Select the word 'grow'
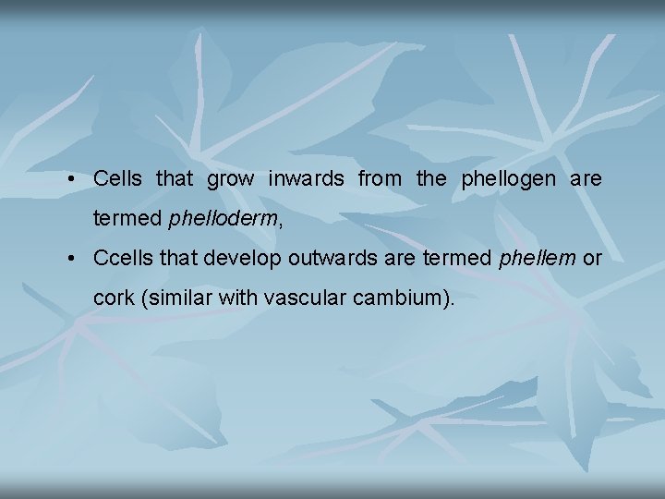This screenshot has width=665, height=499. click(x=230, y=179)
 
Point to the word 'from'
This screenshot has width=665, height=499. click(x=380, y=178)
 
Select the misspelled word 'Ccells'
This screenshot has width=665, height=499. click(x=123, y=258)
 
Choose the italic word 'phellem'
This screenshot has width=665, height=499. click(x=536, y=258)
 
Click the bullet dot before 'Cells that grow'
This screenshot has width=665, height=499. click(x=71, y=179)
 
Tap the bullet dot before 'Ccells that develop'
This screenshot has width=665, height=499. click(x=71, y=259)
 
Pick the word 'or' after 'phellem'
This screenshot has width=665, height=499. click(x=592, y=258)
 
